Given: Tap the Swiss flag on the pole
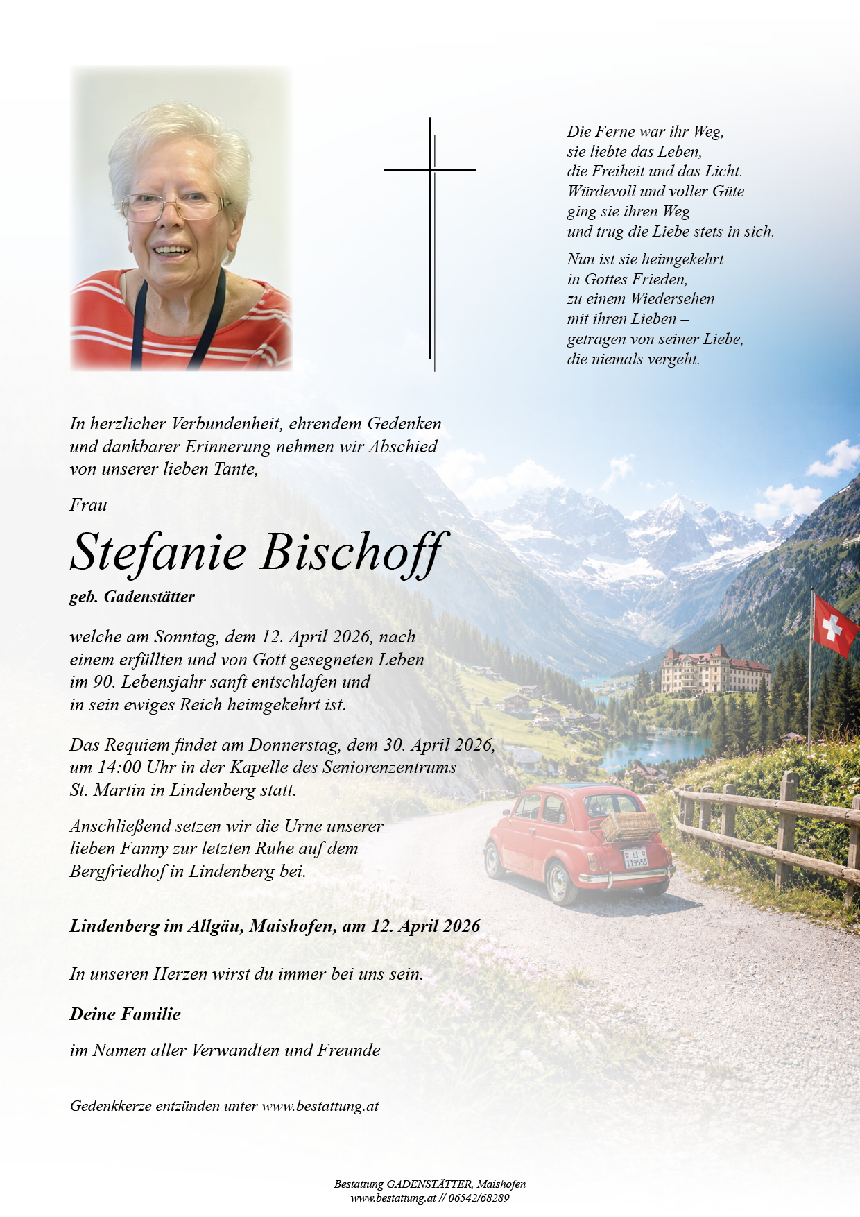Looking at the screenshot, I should [x=834, y=625].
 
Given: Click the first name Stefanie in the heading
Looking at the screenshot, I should [x=158, y=553].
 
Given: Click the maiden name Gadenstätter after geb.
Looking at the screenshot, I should [x=149, y=597].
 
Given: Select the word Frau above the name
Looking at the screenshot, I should [x=88, y=505].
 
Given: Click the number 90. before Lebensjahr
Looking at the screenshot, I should [x=105, y=682].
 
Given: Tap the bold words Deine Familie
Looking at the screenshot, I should [x=125, y=1014].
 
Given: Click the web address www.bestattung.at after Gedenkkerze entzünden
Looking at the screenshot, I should [x=320, y=1106].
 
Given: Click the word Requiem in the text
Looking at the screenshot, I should [x=137, y=745].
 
